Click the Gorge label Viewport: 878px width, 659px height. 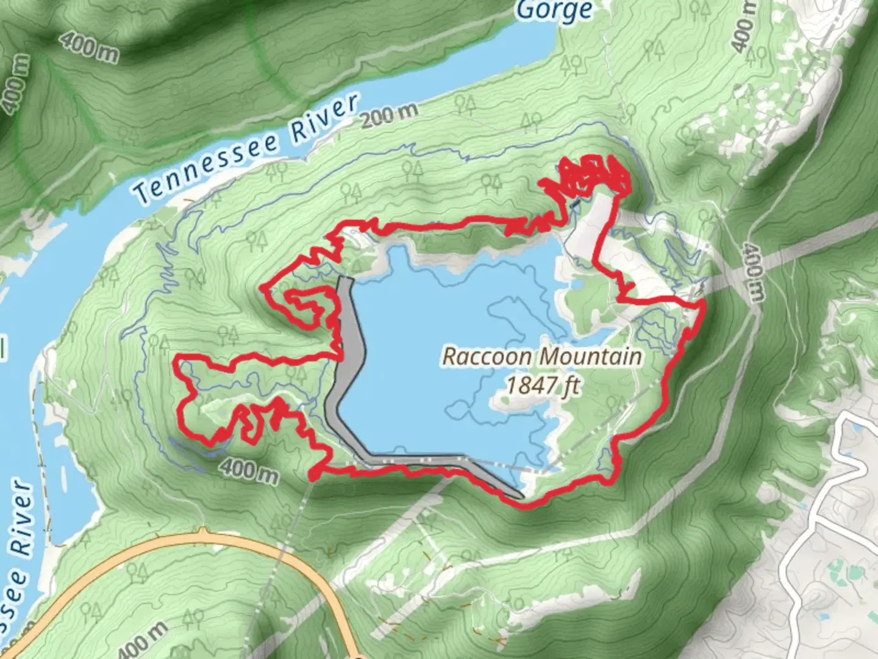click(x=554, y=10)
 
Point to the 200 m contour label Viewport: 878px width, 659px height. click(x=388, y=114)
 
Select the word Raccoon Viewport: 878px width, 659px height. click(x=481, y=356)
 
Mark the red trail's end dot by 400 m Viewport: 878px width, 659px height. click(x=314, y=474)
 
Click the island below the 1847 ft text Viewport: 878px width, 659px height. click(x=512, y=403)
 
